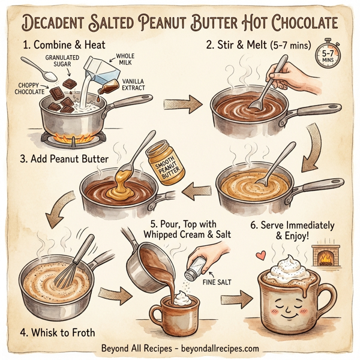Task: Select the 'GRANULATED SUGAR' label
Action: pos(61,61)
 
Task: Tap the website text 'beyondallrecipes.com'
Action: pos(220,349)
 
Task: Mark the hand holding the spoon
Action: pos(288,76)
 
